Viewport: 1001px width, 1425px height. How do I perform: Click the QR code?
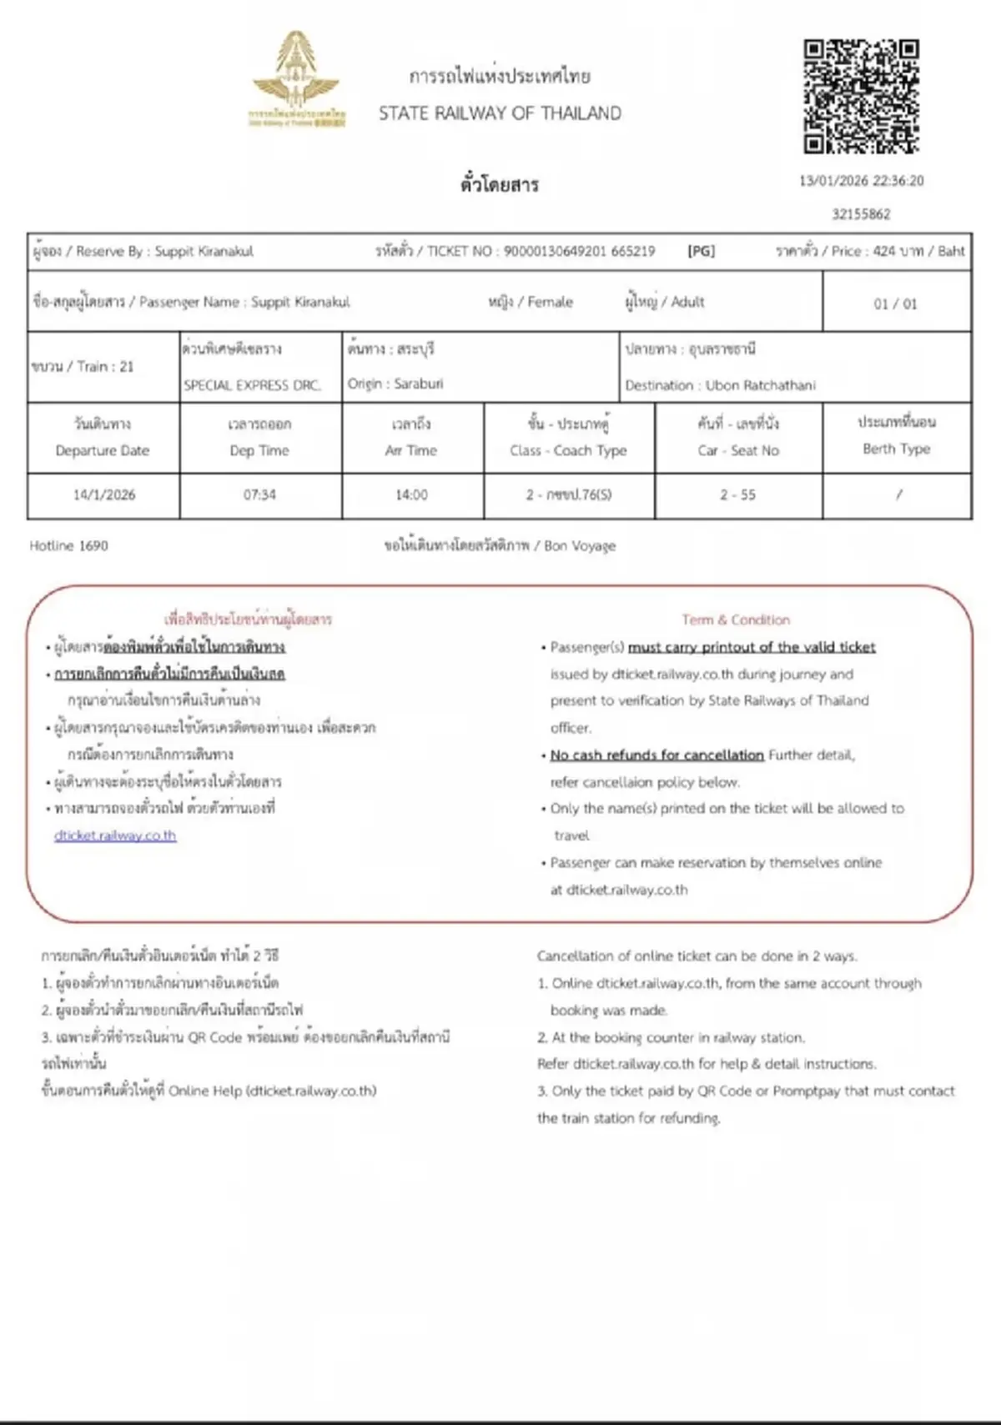point(861,96)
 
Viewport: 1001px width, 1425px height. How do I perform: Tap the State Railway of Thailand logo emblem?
point(296,79)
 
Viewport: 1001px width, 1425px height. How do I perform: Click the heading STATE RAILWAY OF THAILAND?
point(500,113)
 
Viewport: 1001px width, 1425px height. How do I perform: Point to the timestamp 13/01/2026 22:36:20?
point(861,181)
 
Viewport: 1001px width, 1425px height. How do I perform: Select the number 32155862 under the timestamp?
point(861,214)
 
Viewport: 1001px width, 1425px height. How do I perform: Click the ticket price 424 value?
point(883,251)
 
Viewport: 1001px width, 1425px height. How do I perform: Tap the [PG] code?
point(701,251)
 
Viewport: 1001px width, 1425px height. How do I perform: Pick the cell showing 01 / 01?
point(895,304)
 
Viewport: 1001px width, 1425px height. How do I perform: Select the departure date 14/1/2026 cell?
point(103,494)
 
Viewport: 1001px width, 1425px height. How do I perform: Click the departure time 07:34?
point(259,494)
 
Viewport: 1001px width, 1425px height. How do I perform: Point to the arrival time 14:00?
point(411,494)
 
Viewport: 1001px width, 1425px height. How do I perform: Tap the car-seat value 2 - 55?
point(737,494)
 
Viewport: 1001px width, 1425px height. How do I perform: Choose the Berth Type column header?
point(896,449)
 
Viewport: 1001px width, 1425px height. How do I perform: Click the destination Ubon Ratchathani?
point(760,385)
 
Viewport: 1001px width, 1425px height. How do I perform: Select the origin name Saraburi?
point(418,384)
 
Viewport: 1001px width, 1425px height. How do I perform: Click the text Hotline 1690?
point(68,545)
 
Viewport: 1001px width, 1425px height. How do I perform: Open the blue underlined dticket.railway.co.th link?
point(115,835)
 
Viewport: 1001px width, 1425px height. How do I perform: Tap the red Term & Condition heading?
point(735,620)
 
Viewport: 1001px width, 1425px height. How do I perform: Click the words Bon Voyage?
point(580,545)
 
